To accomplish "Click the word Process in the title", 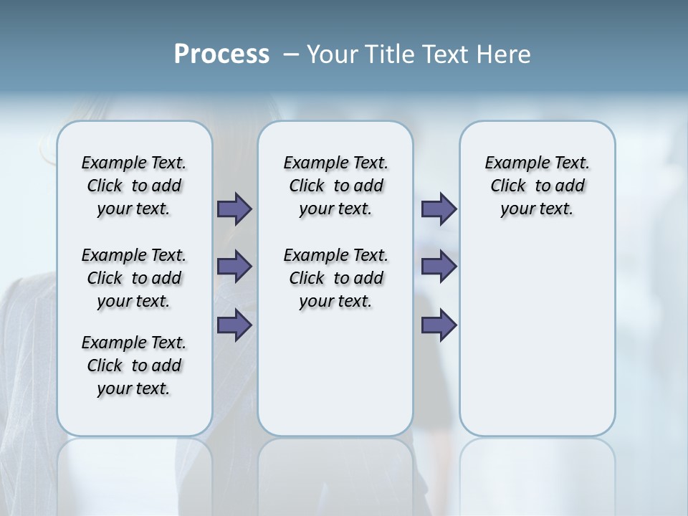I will [221, 54].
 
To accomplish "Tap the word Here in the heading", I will [503, 54].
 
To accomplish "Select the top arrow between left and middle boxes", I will [234, 209].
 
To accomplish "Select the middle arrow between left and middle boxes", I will [234, 267].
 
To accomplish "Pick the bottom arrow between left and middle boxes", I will [234, 325].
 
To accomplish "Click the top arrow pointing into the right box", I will [439, 209].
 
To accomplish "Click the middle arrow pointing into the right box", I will [439, 267].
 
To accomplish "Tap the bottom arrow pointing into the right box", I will [439, 325].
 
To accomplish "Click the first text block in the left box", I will [134, 186].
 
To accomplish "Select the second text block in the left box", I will [134, 278].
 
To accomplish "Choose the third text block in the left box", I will [134, 365].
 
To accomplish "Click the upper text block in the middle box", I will [335, 186].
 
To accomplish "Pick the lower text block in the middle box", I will [335, 278].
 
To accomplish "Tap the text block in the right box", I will [537, 186].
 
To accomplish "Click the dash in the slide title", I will [291, 54].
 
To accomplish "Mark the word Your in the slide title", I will [332, 54].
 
